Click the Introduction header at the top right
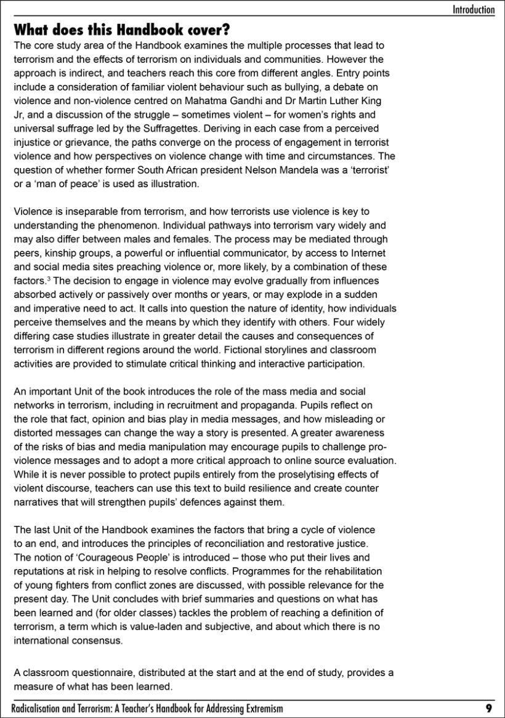(473, 9)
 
